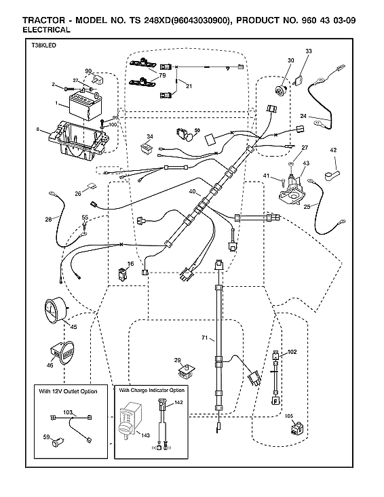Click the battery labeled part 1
(84, 107)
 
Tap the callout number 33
(309, 52)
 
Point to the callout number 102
(293, 352)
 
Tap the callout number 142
(179, 403)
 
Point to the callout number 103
(68, 412)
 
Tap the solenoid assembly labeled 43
(292, 187)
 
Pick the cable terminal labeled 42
(334, 165)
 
